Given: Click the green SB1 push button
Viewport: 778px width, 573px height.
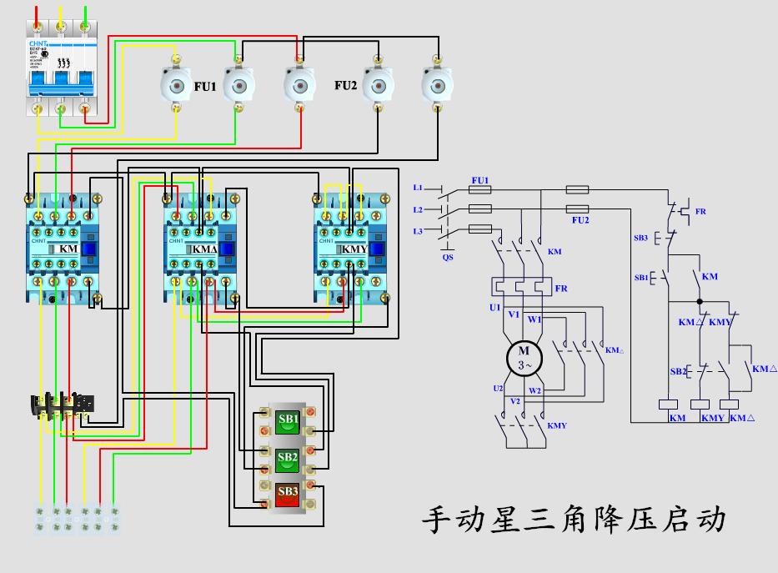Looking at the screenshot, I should (288, 422).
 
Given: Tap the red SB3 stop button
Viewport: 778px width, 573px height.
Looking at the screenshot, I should (288, 494).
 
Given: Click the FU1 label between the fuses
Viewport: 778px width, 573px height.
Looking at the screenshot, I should (205, 86).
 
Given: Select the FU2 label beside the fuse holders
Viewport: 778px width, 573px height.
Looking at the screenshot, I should (346, 86).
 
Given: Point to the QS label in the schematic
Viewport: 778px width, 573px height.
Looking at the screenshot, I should (448, 258).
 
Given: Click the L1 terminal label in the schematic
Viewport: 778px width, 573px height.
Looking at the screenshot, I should (418, 188).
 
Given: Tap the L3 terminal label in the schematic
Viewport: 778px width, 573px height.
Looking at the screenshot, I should (418, 230).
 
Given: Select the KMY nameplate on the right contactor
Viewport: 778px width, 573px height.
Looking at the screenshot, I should (354, 249).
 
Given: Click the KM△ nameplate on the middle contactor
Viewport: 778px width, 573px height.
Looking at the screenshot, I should (204, 249).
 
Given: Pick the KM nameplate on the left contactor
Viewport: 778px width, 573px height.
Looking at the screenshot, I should (66, 249).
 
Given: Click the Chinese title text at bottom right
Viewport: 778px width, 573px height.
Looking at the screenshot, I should (575, 520).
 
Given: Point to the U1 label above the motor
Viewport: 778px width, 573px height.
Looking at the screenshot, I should (494, 308).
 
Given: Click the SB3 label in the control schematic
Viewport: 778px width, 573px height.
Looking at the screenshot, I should (640, 238).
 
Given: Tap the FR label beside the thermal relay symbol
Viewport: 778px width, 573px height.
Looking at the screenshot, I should (561, 289).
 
